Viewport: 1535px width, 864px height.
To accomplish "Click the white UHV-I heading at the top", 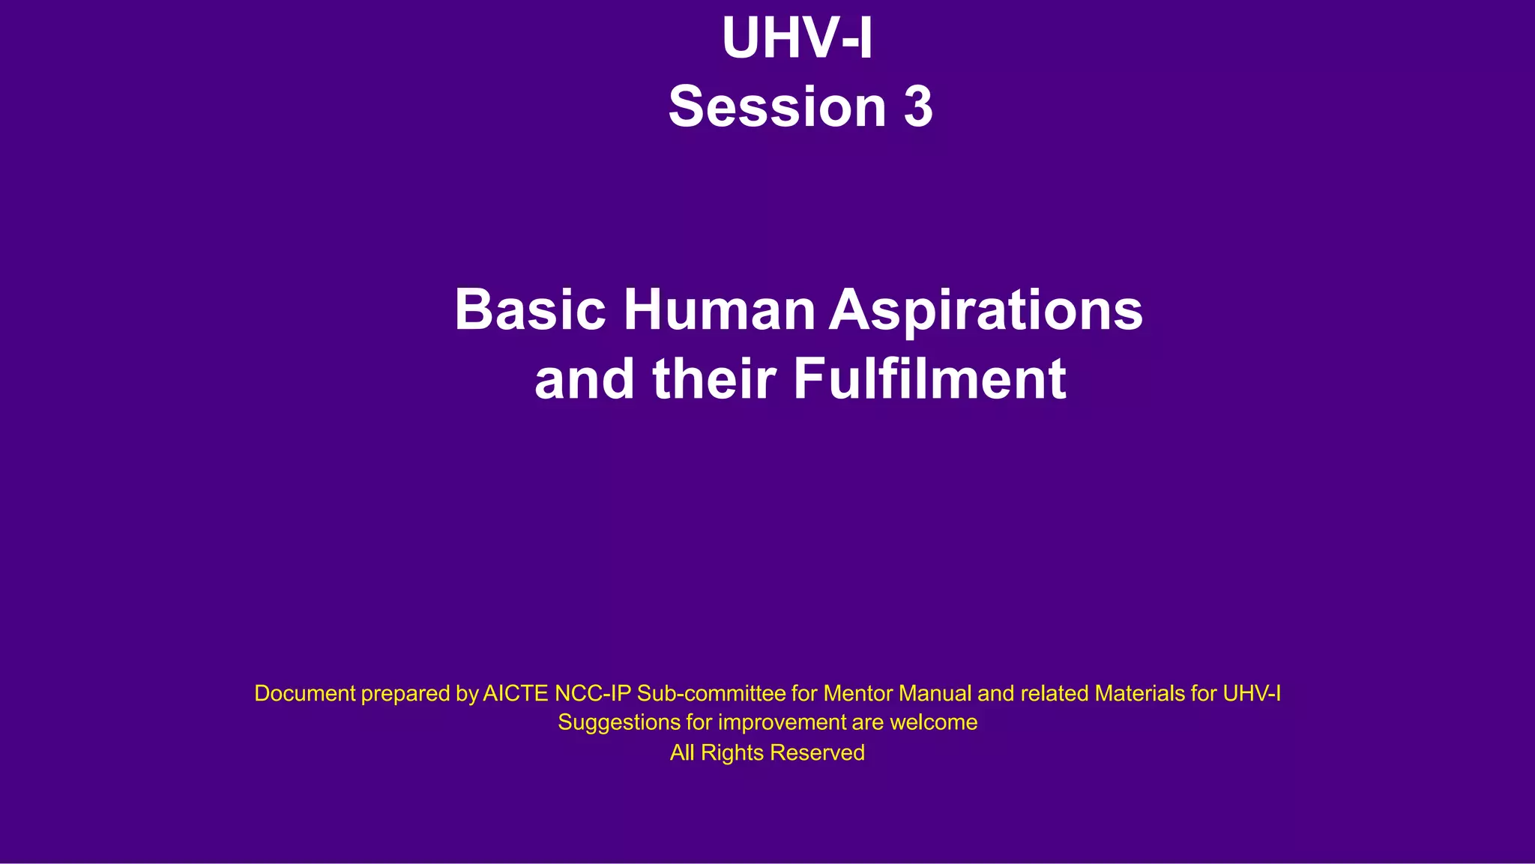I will tap(797, 38).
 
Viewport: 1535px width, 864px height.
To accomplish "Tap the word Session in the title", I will tap(777, 106).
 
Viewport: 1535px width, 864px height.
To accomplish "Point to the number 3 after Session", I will tap(918, 106).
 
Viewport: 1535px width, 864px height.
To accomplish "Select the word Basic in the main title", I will tap(530, 309).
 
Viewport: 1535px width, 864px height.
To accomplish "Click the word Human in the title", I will tap(720, 309).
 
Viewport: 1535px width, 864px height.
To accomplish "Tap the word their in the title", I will tap(714, 379).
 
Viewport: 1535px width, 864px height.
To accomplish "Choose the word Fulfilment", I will tap(929, 379).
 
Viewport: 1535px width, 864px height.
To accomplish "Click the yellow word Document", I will tap(305, 693).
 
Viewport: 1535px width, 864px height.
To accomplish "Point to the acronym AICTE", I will tap(516, 693).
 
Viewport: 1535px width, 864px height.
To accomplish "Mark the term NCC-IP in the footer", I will tap(593, 693).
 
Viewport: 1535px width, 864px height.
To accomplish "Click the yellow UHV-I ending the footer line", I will tap(1252, 693).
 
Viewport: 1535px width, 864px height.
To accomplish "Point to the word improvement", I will tap(782, 723).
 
